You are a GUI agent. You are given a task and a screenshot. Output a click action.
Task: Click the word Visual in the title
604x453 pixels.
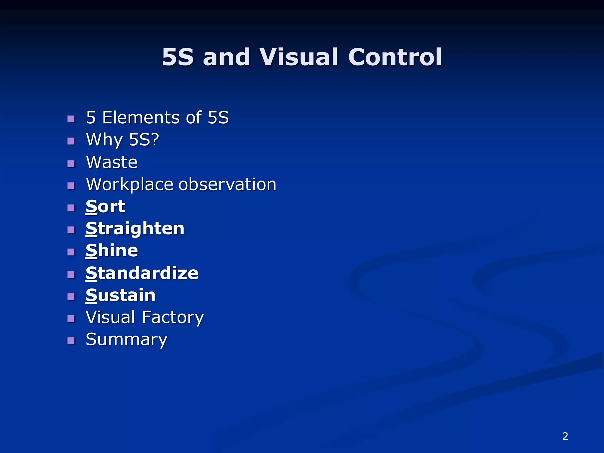298,57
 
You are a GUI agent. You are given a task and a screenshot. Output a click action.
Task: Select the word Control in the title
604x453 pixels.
395,57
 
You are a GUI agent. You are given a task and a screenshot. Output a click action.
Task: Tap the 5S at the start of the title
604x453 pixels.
178,57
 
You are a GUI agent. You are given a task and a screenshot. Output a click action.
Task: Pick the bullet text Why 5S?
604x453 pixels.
122,140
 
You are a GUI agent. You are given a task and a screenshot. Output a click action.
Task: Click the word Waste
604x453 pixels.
112,162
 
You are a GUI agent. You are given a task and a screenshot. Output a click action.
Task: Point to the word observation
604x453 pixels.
227,185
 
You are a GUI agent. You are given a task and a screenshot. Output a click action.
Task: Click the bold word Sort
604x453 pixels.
105,206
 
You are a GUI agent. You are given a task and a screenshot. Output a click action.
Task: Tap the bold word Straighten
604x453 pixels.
135,229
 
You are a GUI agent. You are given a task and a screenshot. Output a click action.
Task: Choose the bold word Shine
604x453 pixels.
112,251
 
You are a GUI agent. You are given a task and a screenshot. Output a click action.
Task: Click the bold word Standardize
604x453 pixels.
142,273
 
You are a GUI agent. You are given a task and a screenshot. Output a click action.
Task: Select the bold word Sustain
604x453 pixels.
120,296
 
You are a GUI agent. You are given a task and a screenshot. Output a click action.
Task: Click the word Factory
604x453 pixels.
173,318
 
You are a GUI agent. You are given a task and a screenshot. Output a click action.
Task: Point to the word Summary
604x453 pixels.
127,340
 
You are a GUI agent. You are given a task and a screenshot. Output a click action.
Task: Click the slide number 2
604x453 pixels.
565,436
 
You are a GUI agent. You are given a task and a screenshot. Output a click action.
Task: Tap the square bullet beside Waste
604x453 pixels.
71,164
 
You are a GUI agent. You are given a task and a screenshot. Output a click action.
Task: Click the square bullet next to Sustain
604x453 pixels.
71,297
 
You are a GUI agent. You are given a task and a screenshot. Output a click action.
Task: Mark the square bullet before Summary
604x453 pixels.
71,341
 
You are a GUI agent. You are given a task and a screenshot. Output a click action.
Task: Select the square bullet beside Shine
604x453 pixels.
71,252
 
